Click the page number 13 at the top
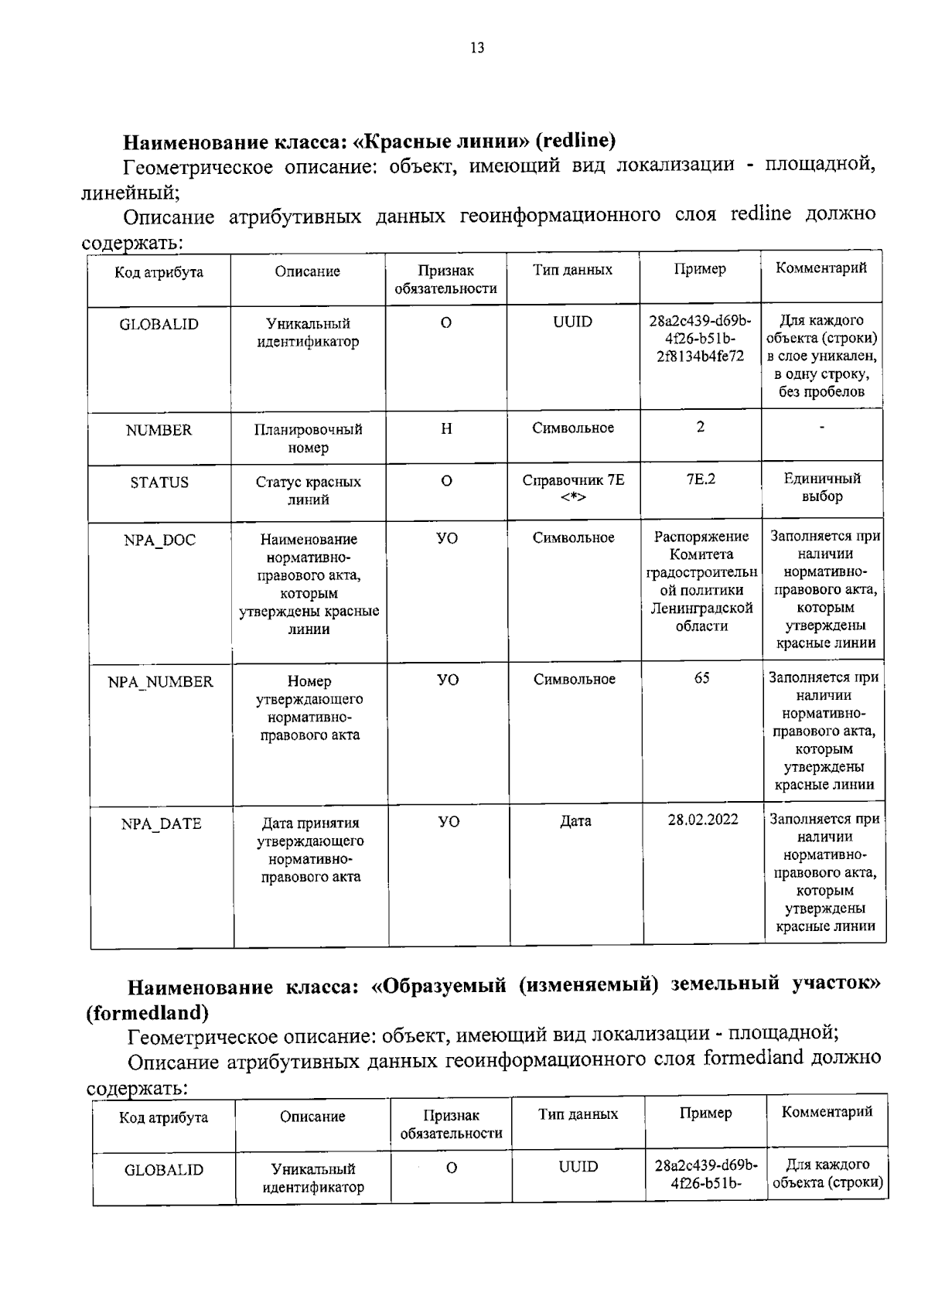(477, 48)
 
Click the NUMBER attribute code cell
(159, 431)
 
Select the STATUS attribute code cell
(159, 483)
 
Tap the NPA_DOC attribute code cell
(160, 540)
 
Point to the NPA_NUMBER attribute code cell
(161, 682)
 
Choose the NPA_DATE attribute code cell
(161, 824)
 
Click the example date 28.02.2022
(703, 820)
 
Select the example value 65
(701, 678)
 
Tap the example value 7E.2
(701, 479)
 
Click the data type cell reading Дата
(575, 821)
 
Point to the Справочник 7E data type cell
(573, 488)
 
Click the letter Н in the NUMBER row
(446, 428)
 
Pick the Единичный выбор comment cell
(822, 487)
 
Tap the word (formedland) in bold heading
(148, 1011)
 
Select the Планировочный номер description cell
(308, 438)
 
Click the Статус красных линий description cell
(308, 491)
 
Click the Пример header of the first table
(700, 269)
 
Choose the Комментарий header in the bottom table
(827, 1112)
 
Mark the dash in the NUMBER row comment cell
(822, 427)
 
